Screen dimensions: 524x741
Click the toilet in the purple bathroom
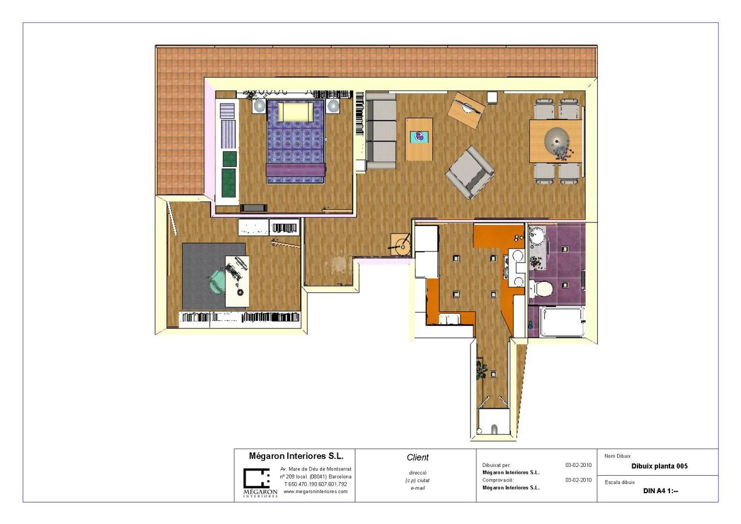(x=542, y=287)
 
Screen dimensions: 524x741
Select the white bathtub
(x=561, y=321)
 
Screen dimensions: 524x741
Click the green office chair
(x=219, y=282)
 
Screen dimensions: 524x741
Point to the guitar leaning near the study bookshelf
(x=285, y=243)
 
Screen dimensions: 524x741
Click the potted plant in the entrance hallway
(x=481, y=369)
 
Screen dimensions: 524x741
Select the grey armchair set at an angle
(x=470, y=172)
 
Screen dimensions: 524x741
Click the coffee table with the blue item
(x=419, y=139)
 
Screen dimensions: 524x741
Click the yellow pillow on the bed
(x=295, y=111)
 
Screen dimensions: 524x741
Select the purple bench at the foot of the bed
(x=295, y=169)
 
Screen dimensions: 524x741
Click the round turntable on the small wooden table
(x=400, y=244)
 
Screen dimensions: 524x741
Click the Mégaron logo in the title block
(x=256, y=482)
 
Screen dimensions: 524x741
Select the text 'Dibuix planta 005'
(x=660, y=466)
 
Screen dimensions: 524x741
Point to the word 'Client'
(x=418, y=458)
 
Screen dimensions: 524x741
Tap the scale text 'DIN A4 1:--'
(x=660, y=491)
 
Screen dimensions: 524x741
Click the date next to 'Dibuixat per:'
(x=578, y=465)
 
